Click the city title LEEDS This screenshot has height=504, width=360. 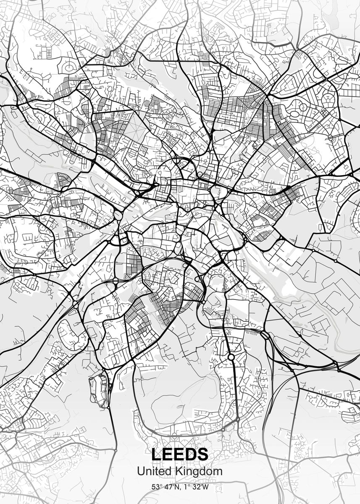point(180,454)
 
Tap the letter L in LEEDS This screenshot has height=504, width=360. point(156,454)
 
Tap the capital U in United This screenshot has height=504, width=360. point(141,472)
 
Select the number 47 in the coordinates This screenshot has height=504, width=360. point(168,487)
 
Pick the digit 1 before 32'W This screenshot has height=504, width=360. point(185,487)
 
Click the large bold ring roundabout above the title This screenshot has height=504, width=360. point(231,357)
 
